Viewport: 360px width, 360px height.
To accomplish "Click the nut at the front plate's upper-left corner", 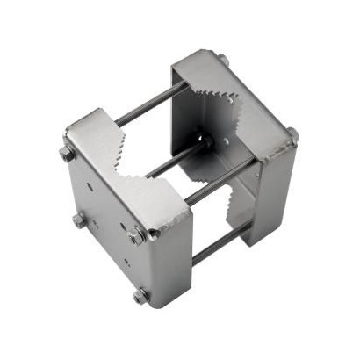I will tap(67, 154).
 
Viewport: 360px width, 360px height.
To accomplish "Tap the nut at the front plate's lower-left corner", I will tap(78, 220).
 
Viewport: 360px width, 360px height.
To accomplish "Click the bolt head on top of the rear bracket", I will tap(223, 60).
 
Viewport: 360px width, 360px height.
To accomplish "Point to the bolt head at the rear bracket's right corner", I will tap(292, 135).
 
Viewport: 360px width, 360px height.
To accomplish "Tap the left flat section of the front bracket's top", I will tap(88, 132).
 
